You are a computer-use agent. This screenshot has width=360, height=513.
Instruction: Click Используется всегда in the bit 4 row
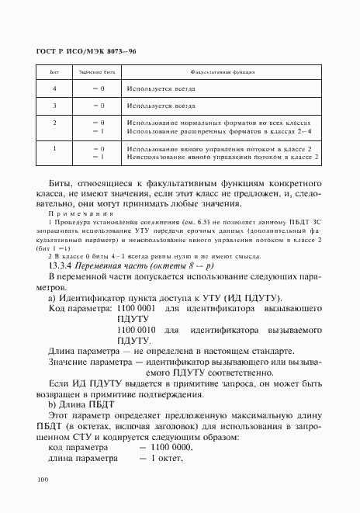pyautogui.click(x=161, y=88)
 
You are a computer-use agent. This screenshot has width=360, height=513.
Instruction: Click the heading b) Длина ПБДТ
pyautogui.click(x=81, y=404)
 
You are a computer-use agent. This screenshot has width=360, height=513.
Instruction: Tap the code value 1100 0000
pyautogui.click(x=171, y=448)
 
